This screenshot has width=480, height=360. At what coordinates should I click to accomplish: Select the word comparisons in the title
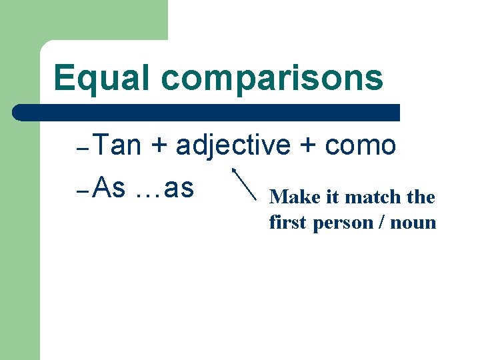tap(272, 78)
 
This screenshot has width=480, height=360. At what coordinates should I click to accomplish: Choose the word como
tap(361, 146)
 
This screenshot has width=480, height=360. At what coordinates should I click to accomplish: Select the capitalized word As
tap(110, 189)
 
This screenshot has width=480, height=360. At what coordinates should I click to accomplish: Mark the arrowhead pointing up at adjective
tap(235, 171)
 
